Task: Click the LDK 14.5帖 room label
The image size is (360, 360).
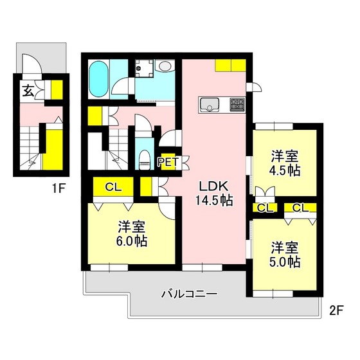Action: [x=214, y=193]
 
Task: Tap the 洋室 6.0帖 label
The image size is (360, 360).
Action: [x=132, y=234]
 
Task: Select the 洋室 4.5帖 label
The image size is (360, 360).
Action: [x=285, y=163]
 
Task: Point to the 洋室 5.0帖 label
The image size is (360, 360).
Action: [x=285, y=255]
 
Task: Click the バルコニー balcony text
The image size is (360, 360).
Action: [x=190, y=294]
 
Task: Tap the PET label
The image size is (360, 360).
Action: [x=167, y=162]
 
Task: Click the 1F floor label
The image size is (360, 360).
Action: [x=59, y=189]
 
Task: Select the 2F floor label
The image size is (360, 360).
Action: [x=336, y=311]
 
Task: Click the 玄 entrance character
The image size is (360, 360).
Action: [x=28, y=91]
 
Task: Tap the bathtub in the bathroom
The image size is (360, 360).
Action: [x=99, y=79]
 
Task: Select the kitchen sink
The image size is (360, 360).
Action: [x=209, y=105]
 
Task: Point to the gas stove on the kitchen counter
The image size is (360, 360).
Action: [x=237, y=105]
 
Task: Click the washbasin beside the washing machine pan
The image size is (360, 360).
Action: [x=165, y=66]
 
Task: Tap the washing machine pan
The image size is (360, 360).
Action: [x=144, y=68]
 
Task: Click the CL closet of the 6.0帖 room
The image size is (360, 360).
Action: [x=113, y=187]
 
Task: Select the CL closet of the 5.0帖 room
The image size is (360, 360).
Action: [x=300, y=208]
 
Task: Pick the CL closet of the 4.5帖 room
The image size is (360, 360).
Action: [x=265, y=208]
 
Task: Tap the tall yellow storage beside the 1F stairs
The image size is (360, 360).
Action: [x=53, y=149]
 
